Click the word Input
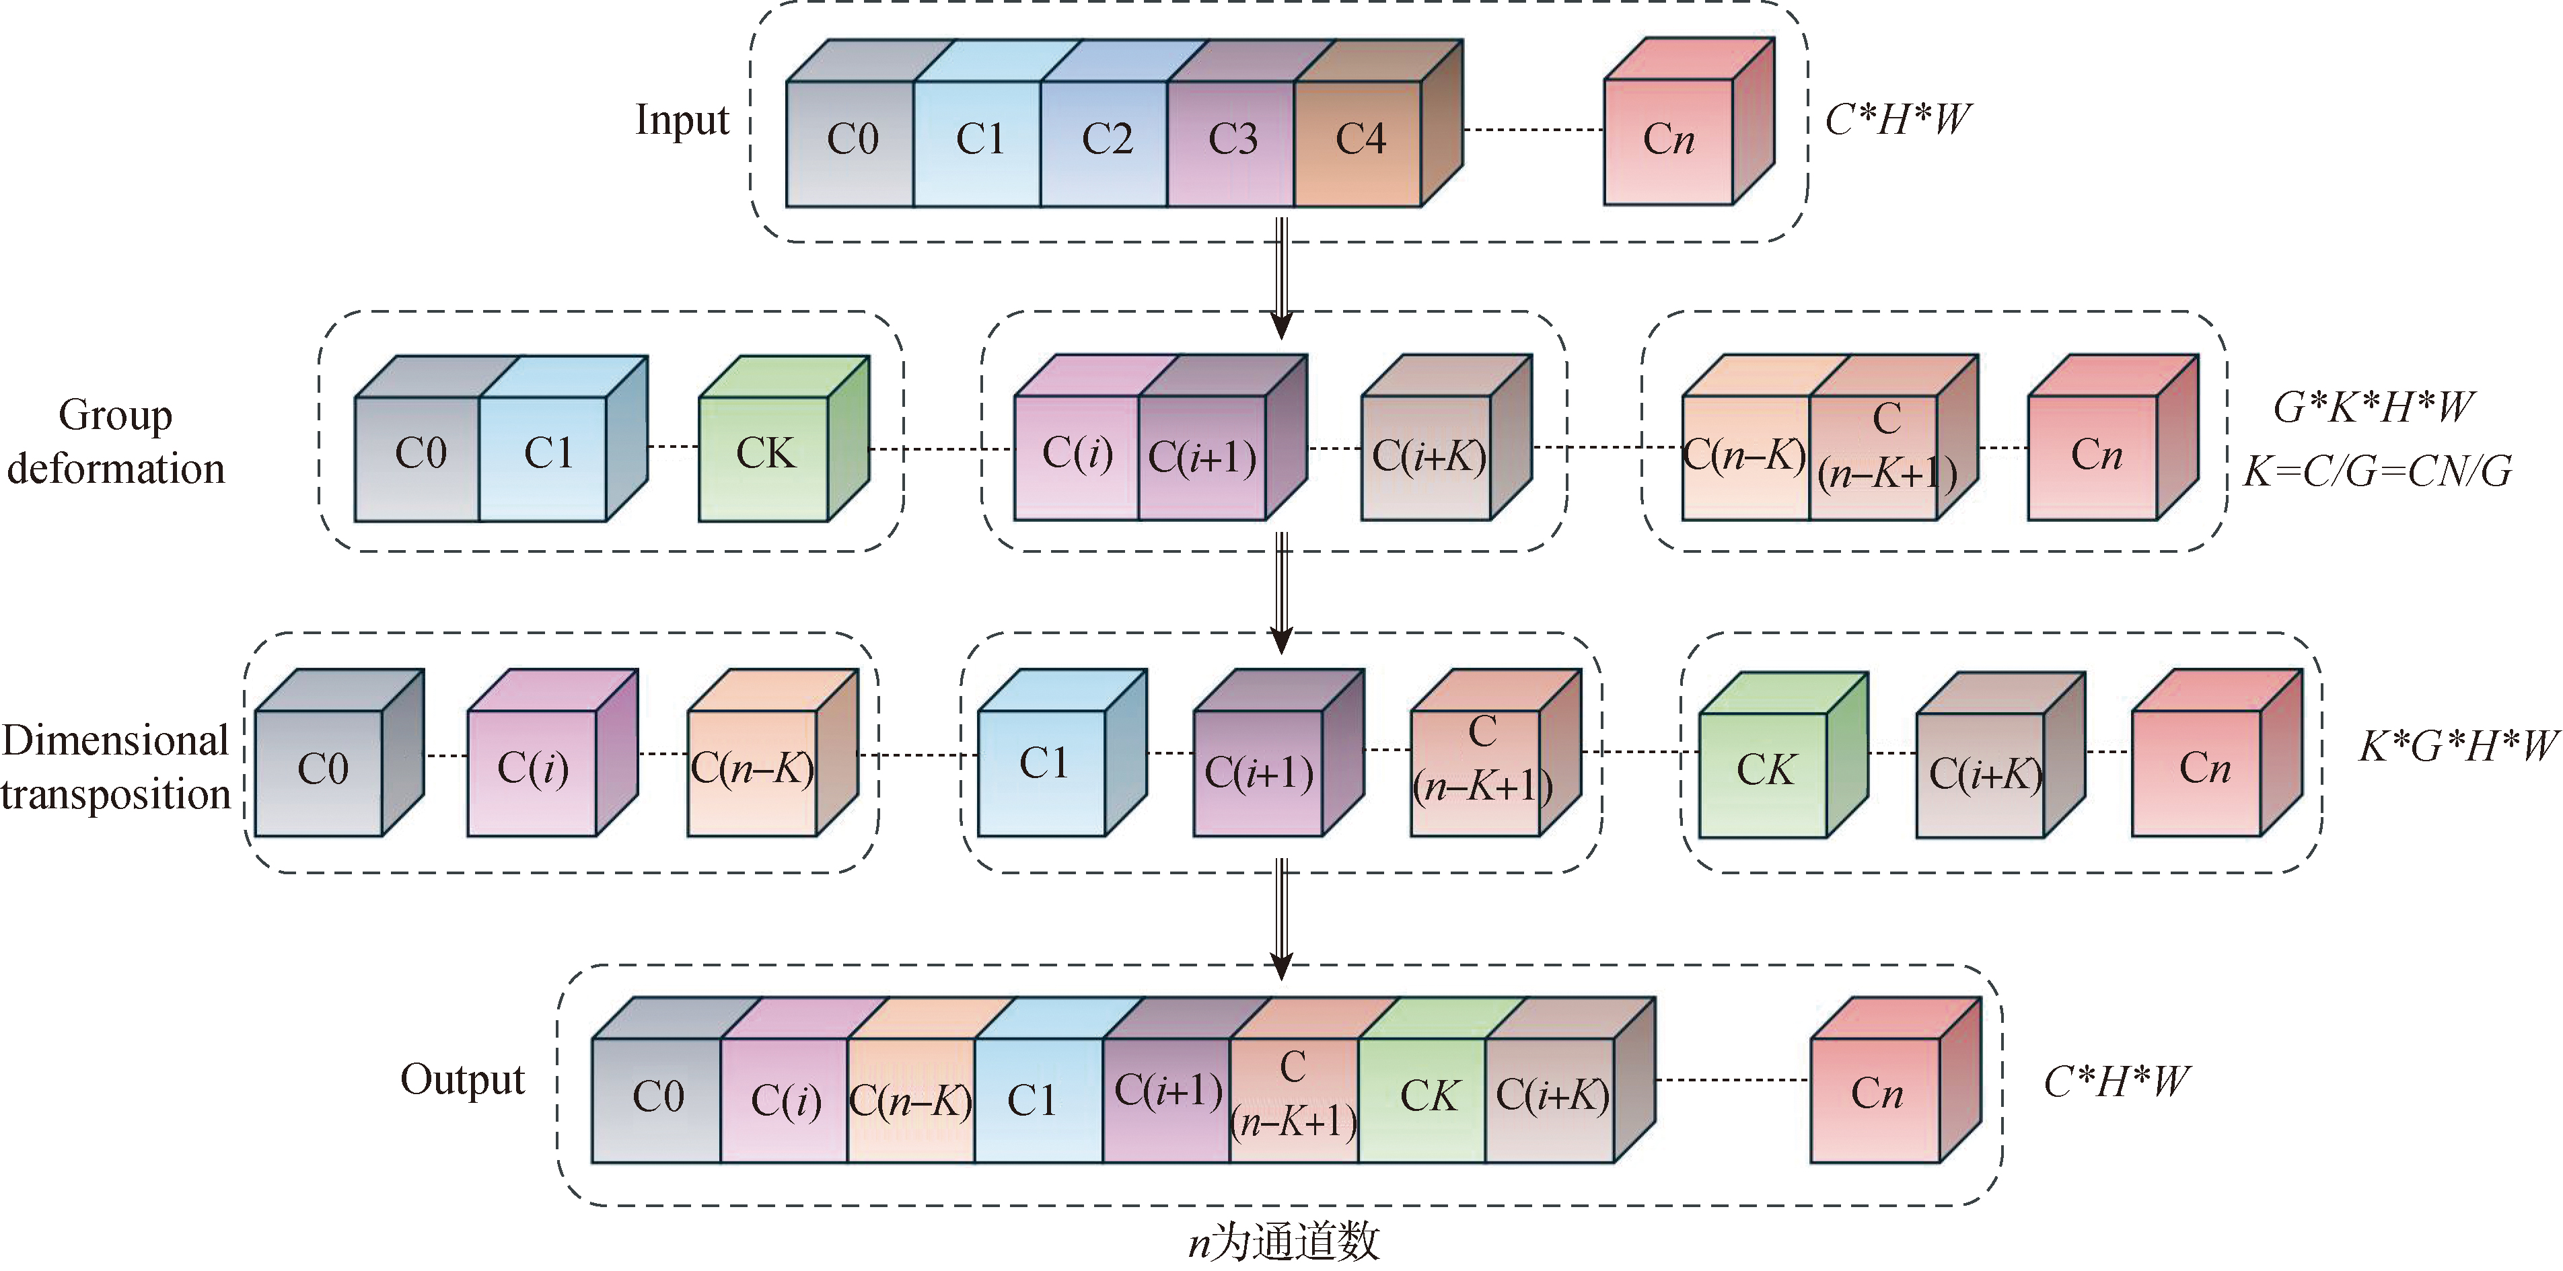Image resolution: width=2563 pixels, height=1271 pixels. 682,120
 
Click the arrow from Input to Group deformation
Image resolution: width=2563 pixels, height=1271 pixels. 1283,278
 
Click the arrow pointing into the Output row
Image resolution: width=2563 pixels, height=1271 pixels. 1283,920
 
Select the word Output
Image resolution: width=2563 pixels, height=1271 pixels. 462,1080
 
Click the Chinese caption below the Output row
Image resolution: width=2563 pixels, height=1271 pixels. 1283,1242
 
